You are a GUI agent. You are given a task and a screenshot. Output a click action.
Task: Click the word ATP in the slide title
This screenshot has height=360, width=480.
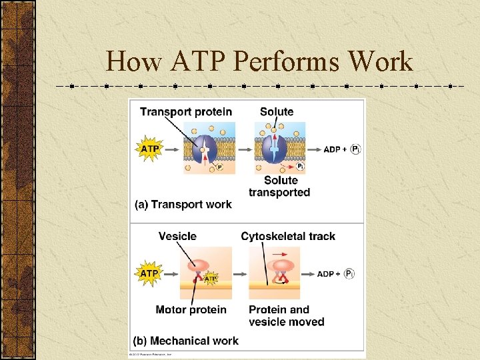198,62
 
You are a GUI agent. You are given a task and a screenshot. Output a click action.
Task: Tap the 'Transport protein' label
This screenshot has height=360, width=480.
186,111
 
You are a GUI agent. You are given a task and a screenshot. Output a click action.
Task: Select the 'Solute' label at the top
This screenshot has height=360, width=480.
277,111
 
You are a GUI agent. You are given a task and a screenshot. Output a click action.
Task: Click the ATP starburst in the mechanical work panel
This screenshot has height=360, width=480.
149,273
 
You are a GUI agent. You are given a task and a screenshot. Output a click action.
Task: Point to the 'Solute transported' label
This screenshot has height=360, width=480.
279,186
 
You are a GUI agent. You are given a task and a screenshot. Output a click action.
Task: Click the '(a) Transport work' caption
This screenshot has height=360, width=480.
183,204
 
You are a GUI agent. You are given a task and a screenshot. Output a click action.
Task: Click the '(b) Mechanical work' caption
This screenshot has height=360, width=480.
185,341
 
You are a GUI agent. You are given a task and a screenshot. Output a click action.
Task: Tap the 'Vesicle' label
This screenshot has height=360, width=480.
177,236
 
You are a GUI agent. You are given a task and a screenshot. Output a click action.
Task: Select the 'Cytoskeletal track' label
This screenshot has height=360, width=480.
288,236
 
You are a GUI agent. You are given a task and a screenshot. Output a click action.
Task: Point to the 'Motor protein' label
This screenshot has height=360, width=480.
191,309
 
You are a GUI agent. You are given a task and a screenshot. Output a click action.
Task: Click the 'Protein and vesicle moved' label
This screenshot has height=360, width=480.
286,315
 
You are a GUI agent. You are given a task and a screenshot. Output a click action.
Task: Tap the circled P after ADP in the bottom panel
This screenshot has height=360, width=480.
350,273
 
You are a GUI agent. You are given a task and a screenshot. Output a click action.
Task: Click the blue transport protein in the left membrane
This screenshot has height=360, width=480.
205,151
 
